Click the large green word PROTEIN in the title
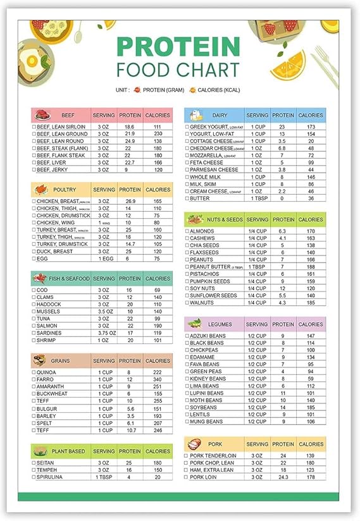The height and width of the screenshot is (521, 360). pyautogui.click(x=178, y=47)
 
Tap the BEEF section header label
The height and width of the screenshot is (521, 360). pyautogui.click(x=68, y=116)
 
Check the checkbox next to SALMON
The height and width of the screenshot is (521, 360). pyautogui.click(x=34, y=326)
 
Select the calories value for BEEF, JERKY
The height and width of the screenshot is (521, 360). pyautogui.click(x=158, y=169)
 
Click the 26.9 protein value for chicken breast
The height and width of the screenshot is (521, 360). pyautogui.click(x=130, y=201)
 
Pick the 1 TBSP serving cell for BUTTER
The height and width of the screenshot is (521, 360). pyautogui.click(x=258, y=198)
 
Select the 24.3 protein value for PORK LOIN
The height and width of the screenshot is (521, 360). pyautogui.click(x=283, y=477)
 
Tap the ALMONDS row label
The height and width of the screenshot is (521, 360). pyautogui.click(x=202, y=231)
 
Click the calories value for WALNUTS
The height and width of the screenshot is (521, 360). pyautogui.click(x=311, y=302)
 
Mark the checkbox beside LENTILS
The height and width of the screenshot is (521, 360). pyautogui.click(x=186, y=414)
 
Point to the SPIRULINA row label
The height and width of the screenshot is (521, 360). pyautogui.click(x=50, y=477)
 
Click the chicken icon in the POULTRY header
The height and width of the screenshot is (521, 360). pyautogui.click(x=41, y=189)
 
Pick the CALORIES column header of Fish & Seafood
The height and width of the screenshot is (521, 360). pyautogui.click(x=158, y=278)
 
